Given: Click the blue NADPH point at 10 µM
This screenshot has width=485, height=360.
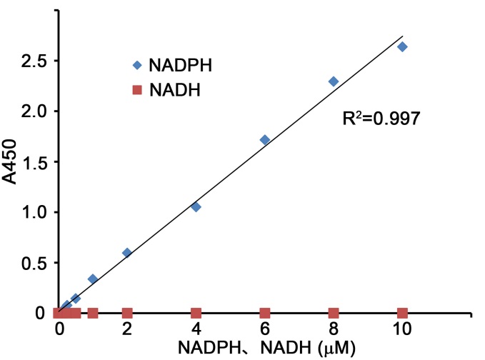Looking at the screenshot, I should click(x=402, y=47).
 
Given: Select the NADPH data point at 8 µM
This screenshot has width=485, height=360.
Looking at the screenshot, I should click(x=333, y=81).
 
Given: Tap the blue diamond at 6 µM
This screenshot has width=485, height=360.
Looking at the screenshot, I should click(x=265, y=140).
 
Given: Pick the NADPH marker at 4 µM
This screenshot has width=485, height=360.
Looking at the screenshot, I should click(x=196, y=206).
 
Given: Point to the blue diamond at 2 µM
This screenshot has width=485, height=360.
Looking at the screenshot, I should click(x=127, y=253).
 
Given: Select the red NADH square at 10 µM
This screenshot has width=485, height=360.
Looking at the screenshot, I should click(x=402, y=313).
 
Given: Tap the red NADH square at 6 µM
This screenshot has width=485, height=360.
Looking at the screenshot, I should click(x=265, y=313).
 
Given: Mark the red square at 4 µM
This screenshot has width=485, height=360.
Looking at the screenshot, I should click(x=196, y=313).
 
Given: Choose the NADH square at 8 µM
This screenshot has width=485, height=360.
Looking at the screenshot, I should click(x=333, y=313).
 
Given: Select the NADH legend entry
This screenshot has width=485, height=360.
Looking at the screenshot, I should click(x=164, y=91).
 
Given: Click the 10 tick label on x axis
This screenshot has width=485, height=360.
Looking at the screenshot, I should click(x=402, y=331).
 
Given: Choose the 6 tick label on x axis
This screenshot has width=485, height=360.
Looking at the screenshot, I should click(x=265, y=331).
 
